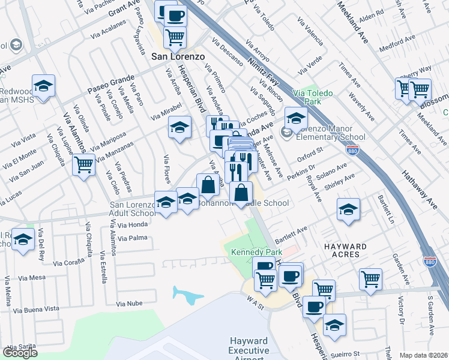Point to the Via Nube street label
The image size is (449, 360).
[x=130, y=304]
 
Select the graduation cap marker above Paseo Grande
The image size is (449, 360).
[x=44, y=86]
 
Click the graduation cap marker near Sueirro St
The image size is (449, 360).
[x=334, y=325]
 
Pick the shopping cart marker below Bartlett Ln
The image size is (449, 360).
[x=370, y=279]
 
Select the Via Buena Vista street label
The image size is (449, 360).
[x=37, y=309]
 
